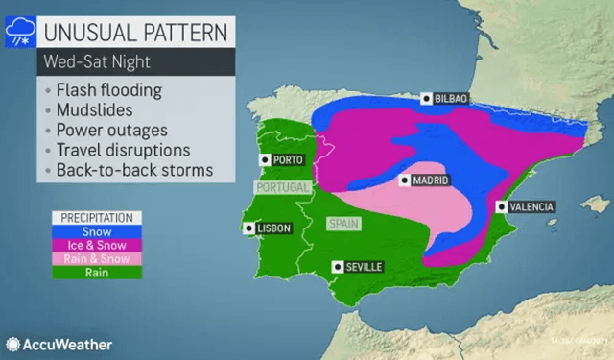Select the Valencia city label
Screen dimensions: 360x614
(524, 206)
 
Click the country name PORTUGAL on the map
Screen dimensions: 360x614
(279, 186)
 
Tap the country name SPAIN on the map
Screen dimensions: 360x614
(342, 225)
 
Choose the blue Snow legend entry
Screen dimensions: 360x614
(97, 231)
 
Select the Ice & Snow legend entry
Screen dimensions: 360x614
(97, 245)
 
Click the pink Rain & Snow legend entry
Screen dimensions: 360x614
(97, 258)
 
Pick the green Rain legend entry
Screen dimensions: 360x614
(97, 272)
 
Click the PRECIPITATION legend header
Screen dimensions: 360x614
(97, 218)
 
